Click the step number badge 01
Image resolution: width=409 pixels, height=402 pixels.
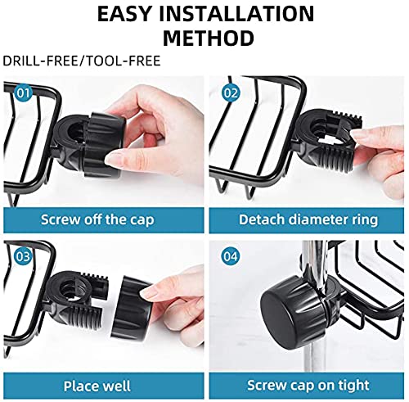pos(23,93)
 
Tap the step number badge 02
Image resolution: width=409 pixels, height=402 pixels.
pos(231,93)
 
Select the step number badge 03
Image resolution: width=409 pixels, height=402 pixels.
pos(23,256)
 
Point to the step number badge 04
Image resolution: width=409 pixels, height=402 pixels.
pos(231,256)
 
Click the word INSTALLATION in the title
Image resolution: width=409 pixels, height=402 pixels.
pos(237,14)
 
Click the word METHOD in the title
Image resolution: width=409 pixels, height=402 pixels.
pos(209,38)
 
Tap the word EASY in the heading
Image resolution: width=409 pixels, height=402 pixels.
pos(124,14)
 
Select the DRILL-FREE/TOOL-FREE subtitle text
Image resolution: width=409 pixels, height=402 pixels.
pos(82,61)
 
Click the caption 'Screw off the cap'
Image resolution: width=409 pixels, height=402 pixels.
pos(97,219)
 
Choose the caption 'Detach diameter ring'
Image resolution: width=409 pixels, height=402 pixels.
pos(308,219)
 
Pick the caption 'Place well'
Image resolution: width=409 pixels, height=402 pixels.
pos(97,386)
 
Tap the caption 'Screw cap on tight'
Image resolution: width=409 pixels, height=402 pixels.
pos(308,386)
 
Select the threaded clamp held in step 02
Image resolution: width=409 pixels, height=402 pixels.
pos(327,142)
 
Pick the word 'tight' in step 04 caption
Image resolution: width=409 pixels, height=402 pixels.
pos(354,386)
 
